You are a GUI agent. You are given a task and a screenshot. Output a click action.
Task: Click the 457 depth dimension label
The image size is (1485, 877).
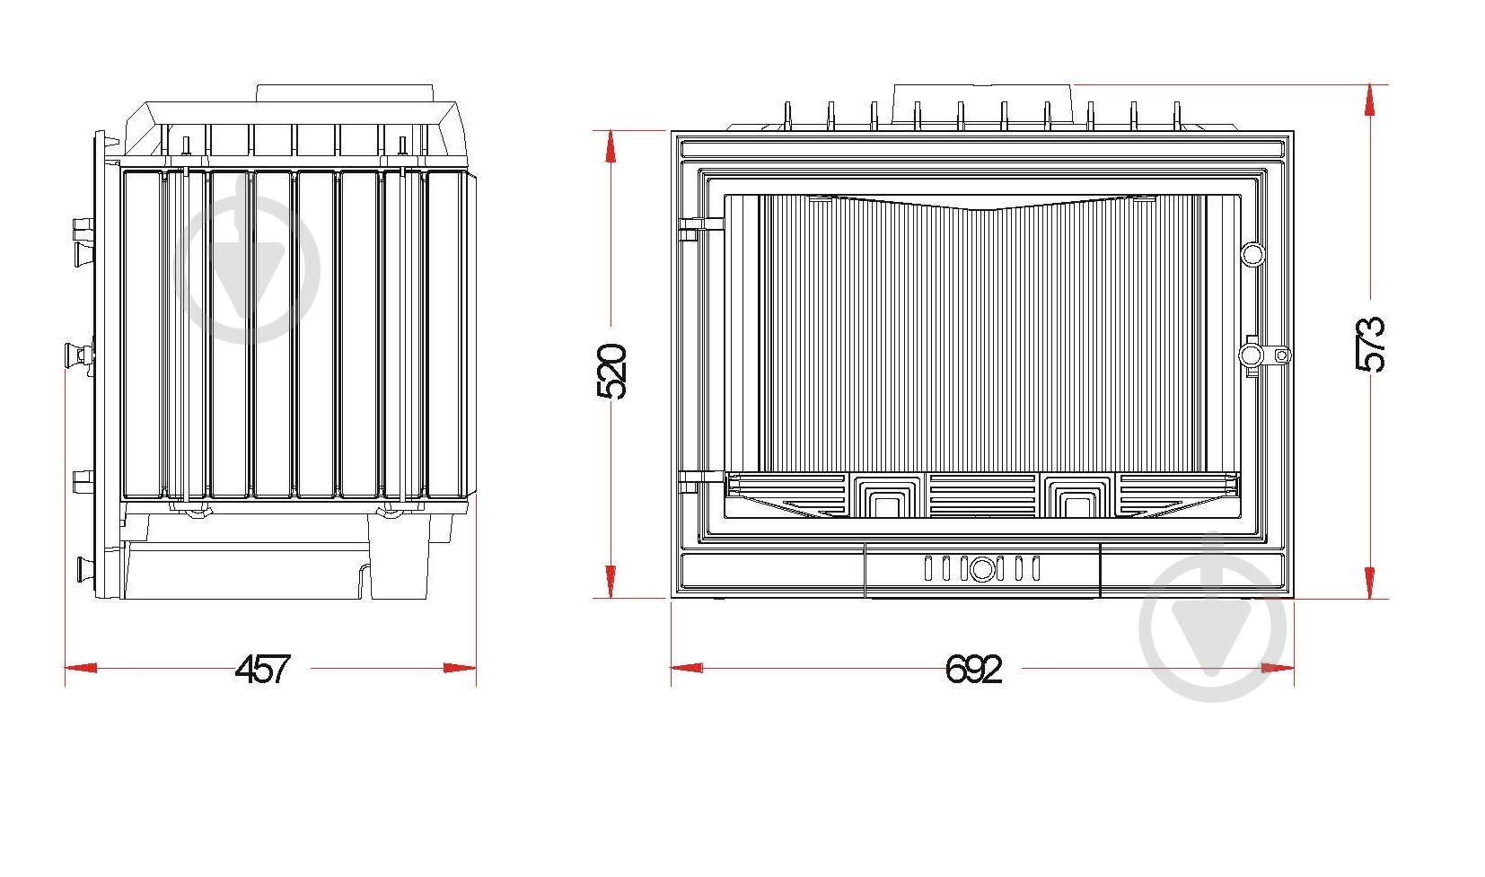(262, 669)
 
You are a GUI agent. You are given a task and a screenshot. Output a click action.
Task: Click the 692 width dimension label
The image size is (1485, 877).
(973, 669)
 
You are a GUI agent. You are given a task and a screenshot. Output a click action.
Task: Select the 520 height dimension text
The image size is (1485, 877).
(611, 372)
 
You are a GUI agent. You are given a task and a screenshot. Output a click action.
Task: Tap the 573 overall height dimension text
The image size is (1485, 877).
(1370, 344)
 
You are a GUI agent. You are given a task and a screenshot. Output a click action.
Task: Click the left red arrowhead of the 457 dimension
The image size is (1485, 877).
(81, 668)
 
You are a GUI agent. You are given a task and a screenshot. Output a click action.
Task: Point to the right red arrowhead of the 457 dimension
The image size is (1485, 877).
(460, 668)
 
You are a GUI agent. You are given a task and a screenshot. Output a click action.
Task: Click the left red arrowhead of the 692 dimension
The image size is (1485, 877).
(687, 668)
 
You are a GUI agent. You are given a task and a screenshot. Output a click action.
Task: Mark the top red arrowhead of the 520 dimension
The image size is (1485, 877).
(611, 146)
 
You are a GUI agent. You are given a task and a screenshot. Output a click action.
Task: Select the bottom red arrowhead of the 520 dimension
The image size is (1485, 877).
(611, 582)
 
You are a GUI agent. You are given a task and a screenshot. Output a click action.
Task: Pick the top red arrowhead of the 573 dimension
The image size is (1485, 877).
(1370, 101)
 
